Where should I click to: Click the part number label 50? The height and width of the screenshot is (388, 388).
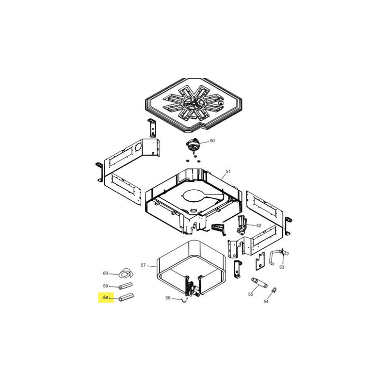click(212, 141)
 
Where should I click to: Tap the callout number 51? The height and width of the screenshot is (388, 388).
click(228, 171)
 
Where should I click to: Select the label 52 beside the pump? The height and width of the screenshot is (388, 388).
click(259, 226)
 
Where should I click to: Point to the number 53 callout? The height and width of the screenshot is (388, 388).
click(282, 267)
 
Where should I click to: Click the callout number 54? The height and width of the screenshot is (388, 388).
click(266, 301)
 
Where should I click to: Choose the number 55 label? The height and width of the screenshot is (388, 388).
click(251, 294)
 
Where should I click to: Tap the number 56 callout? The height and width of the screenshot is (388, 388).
click(168, 298)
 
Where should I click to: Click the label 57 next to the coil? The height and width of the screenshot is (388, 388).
click(143, 265)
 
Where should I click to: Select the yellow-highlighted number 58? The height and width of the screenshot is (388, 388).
click(106, 298)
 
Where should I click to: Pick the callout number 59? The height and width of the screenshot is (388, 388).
click(106, 286)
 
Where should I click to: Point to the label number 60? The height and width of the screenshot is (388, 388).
click(106, 273)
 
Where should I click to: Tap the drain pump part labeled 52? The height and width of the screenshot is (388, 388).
click(242, 225)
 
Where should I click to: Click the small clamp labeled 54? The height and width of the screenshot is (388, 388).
click(274, 290)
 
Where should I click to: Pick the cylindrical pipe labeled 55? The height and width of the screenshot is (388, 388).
click(259, 283)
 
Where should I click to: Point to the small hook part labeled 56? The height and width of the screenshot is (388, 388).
click(184, 300)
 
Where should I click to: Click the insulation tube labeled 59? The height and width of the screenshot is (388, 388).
click(126, 286)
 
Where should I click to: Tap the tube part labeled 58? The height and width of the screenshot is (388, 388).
click(126, 297)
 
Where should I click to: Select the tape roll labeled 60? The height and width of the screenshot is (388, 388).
click(126, 273)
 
